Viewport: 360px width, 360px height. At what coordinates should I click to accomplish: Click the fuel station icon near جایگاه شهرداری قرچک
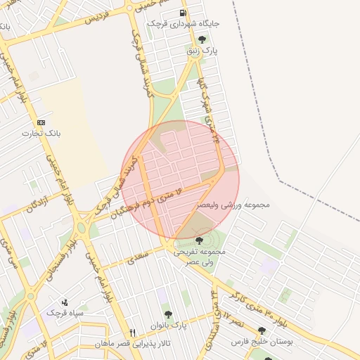pos(183,13)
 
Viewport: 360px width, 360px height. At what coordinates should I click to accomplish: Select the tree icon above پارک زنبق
pos(202,40)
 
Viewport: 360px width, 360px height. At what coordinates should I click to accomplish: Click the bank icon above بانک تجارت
pos(40,122)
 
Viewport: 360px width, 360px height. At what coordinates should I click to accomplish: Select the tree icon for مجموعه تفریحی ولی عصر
pos(199,240)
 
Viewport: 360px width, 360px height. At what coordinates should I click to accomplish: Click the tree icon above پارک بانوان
pos(167,314)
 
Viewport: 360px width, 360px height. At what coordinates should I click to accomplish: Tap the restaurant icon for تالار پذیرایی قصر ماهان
pos(131,332)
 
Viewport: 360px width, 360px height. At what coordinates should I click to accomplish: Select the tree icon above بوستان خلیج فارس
pos(262,330)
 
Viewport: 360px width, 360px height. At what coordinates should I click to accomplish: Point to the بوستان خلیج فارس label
pos(262,342)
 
